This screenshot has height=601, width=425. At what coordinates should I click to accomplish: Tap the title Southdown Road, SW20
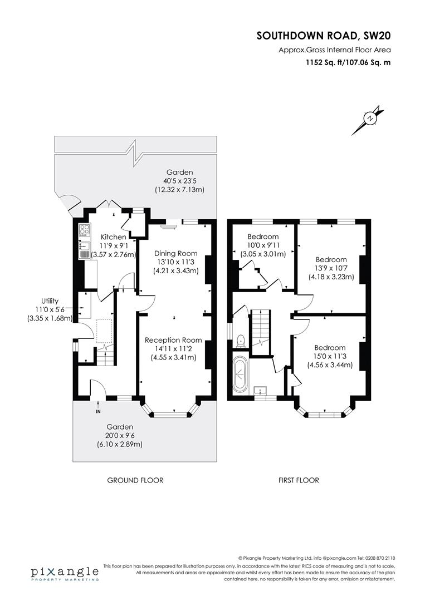[x=324, y=36]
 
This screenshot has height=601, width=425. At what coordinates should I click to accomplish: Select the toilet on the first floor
[x=240, y=339]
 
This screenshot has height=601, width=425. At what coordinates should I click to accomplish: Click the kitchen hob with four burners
[x=85, y=229]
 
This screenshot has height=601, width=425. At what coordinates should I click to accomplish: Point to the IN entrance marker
[x=98, y=412]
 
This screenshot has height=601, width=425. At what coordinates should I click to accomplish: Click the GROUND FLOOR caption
[x=135, y=480]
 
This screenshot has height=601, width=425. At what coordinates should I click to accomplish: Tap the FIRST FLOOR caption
[x=299, y=480]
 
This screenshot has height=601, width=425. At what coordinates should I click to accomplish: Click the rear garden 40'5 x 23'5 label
[x=179, y=181]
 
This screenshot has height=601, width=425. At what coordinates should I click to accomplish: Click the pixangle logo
[x=65, y=573]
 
